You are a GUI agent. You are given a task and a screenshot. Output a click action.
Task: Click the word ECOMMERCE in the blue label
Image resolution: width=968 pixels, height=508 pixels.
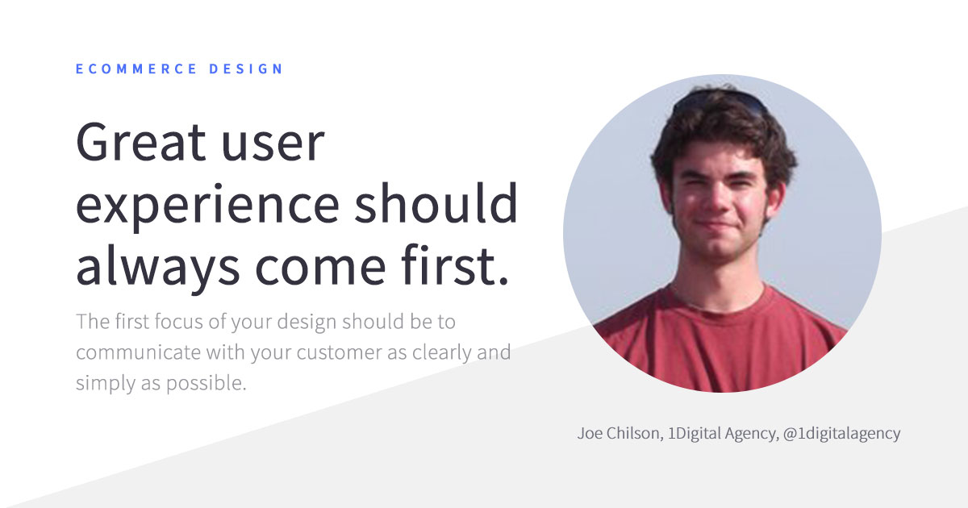pos(136,69)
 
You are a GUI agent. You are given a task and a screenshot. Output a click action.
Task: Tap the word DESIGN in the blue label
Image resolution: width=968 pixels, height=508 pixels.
pos(246,69)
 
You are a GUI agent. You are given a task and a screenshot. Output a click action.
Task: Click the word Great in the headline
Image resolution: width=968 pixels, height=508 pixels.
pos(141,142)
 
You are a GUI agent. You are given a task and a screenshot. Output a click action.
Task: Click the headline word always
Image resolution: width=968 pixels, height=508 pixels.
pos(158,265)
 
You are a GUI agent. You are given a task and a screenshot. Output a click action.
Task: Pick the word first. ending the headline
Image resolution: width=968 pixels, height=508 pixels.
pos(455,264)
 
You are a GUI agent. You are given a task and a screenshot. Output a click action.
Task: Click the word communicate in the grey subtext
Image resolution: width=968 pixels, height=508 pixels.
pos(138,352)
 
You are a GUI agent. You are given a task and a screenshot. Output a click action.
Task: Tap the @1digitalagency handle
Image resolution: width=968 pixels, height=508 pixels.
pos(842,434)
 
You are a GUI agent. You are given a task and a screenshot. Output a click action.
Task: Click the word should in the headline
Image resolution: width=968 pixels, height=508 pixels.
pos(436,202)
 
